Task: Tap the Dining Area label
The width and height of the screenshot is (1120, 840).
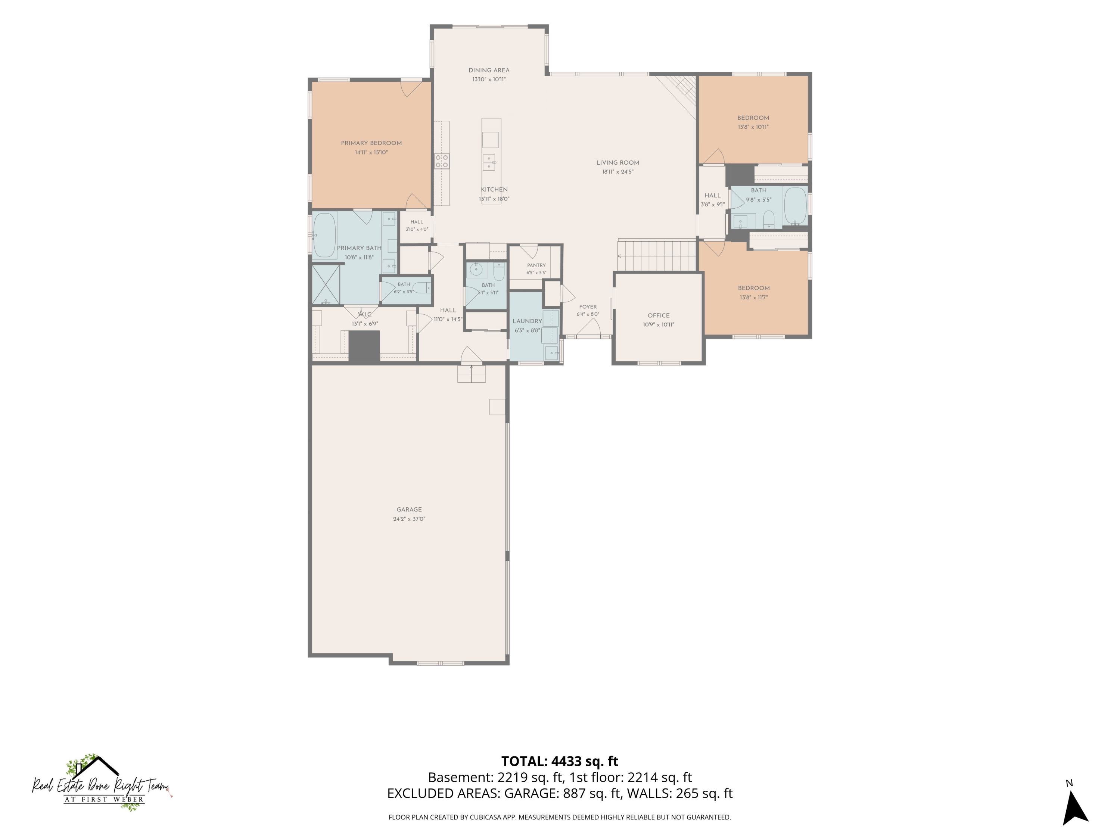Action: point(489,71)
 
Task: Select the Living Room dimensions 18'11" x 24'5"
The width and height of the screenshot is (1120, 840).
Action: point(618,172)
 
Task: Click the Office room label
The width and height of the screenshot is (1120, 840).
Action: point(659,315)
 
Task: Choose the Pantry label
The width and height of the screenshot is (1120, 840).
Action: point(536,265)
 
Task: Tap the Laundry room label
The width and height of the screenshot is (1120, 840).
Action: point(527,321)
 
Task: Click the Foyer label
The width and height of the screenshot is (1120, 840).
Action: point(588,307)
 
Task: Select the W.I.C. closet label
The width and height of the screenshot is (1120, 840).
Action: point(364,314)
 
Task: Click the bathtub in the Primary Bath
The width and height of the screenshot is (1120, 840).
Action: point(324,236)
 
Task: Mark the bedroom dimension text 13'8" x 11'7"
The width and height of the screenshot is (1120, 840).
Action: point(753,297)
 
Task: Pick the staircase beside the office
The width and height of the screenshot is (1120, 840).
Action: point(657,256)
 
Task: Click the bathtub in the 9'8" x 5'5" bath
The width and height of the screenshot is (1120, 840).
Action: point(795,206)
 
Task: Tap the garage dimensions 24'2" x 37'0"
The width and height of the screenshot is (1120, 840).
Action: point(409,519)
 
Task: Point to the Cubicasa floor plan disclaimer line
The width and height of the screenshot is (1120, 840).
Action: point(560,817)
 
